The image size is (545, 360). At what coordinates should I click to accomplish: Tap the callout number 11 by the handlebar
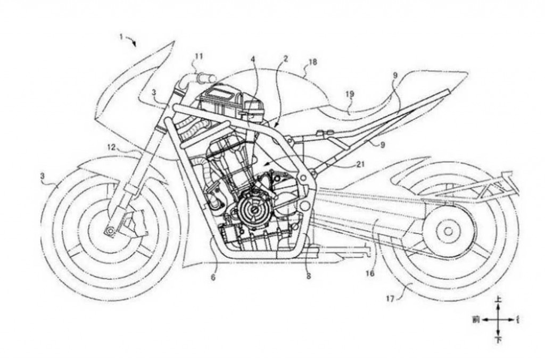click(x=198, y=56)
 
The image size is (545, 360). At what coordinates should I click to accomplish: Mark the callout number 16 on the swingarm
click(x=370, y=273)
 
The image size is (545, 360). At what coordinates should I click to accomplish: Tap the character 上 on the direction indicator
click(x=498, y=301)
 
